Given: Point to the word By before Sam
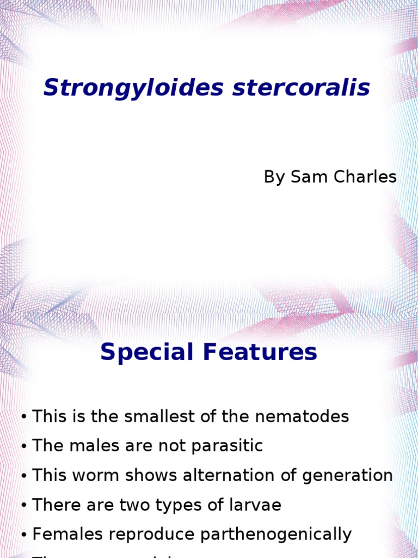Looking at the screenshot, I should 274,177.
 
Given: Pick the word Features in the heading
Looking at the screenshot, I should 260,353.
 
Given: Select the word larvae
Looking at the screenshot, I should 254,505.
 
